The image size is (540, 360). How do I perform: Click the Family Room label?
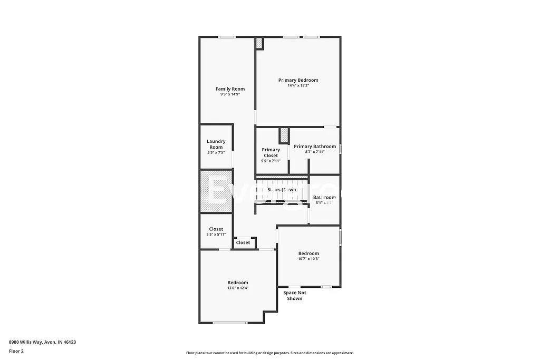pos(230,89)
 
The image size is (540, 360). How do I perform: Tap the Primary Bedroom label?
pos(298,80)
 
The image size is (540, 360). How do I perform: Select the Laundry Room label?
pos(216,144)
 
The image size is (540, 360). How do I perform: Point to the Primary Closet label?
pos(271,152)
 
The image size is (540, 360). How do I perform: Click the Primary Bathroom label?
pos(315,147)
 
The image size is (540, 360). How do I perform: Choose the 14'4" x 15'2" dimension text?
pos(298,85)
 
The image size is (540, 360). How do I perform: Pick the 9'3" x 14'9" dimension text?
pos(230,94)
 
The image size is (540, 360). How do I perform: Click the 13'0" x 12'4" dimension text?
pos(237,288)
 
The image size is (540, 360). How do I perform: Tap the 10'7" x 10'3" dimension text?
pos(308,259)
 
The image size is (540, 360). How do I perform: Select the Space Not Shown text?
pos(294,296)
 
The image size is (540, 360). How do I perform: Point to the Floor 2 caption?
pos(16,351)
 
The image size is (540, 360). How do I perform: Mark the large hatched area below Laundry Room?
pos(216,191)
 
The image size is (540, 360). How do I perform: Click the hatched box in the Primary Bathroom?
pos(284,135)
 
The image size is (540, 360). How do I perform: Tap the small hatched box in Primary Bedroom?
pos(259,44)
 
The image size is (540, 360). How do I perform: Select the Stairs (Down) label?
pos(282,190)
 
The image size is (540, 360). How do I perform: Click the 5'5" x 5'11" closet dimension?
pos(216,235)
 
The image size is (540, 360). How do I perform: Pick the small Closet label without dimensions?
pos(243,243)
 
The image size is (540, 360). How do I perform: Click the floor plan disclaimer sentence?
pos(269,353)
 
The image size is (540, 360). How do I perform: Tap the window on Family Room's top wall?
pos(227,37)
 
